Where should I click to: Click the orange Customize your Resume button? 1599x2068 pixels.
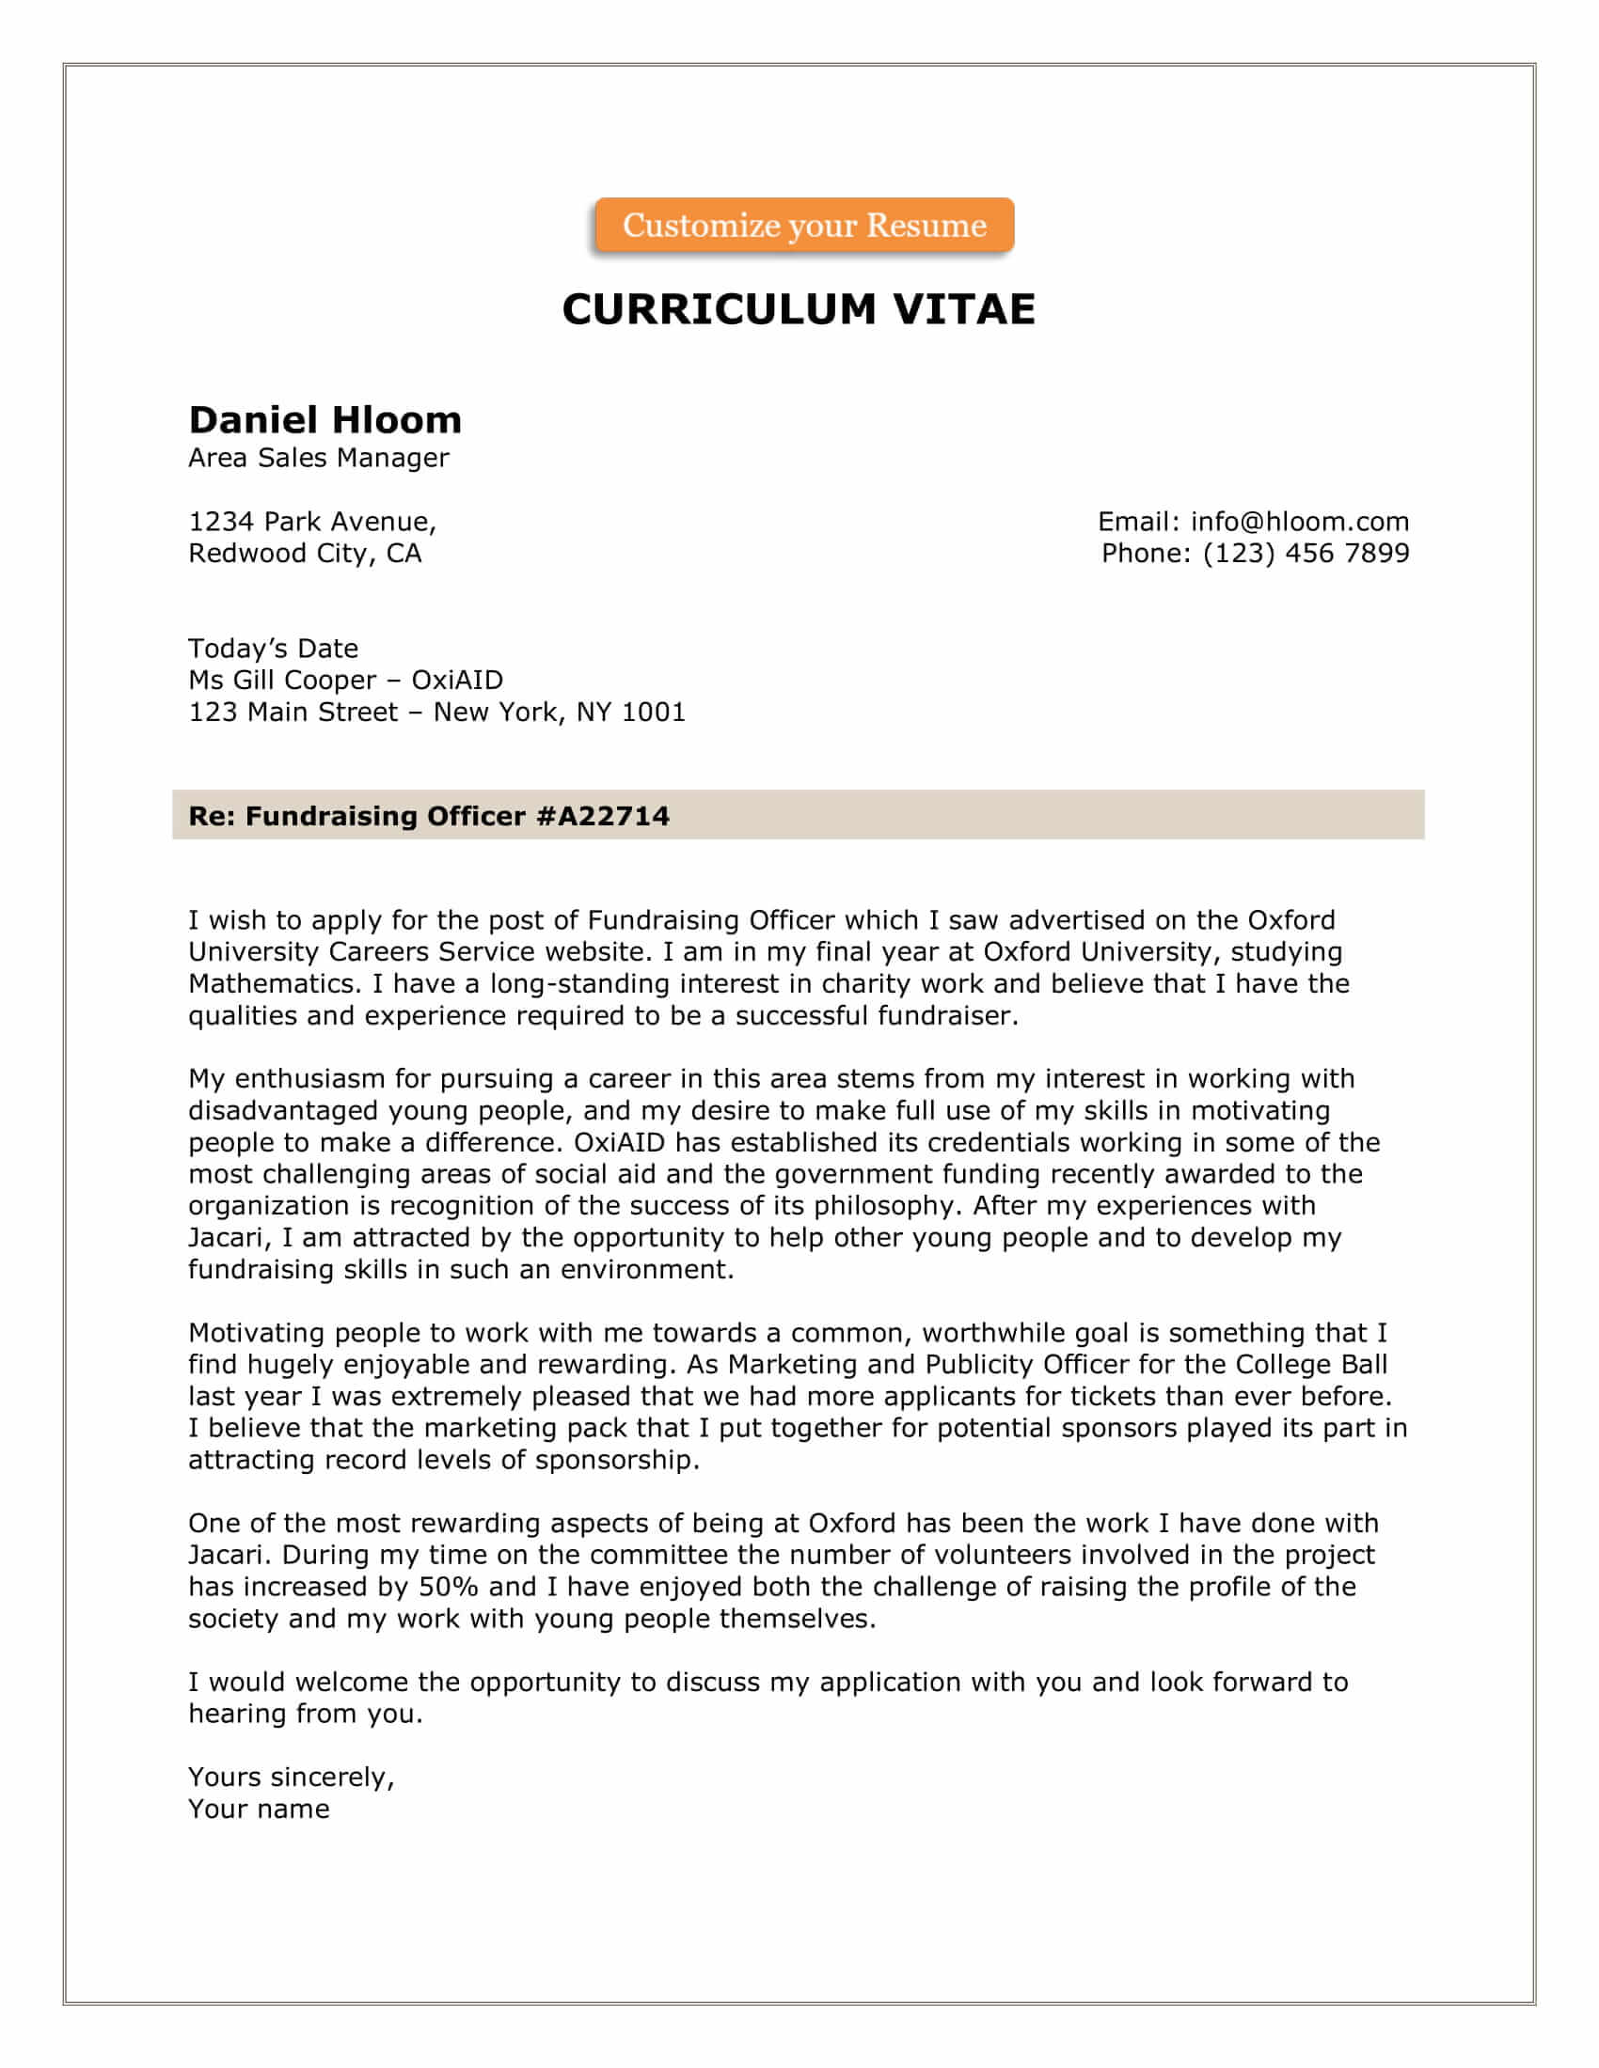pos(803,226)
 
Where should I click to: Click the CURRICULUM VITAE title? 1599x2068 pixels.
pos(799,309)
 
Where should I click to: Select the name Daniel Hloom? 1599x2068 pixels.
pos(325,419)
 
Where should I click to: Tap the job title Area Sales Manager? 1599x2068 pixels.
pos(318,459)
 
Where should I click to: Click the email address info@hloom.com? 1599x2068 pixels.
pos(1300,522)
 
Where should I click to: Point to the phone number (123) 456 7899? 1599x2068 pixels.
pos(1306,553)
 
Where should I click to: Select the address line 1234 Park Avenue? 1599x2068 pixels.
pos(311,522)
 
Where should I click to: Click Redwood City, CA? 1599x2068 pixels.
pos(304,553)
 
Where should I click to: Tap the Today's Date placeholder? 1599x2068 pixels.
pos(273,649)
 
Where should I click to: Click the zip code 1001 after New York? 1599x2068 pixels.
pos(653,713)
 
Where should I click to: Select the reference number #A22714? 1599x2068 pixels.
pos(603,816)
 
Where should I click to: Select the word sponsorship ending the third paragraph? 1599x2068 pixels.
pos(617,1460)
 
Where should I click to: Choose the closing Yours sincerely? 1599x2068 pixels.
pos(291,1778)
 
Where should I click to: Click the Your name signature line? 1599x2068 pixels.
pos(259,1809)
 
